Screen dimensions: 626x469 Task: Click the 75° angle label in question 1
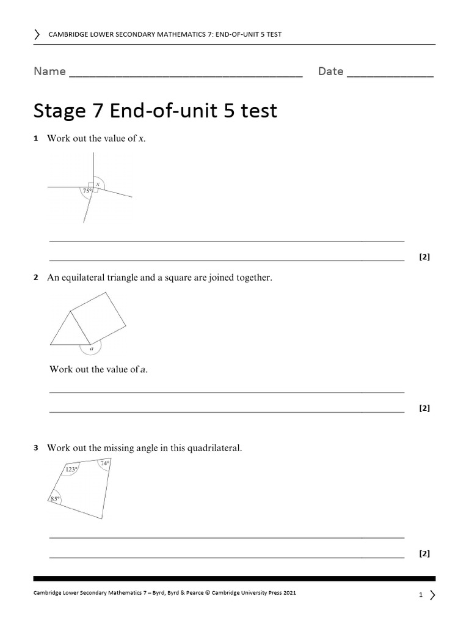[x=87, y=191]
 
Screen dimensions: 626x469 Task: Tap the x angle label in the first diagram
[x=98, y=183]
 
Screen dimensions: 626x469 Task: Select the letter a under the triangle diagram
[x=91, y=349]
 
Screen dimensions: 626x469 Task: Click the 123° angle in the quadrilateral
[x=71, y=469]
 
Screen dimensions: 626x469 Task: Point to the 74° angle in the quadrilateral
[x=105, y=464]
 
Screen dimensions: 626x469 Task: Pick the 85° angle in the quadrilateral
[x=54, y=499]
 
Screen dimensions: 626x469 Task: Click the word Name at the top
[x=49, y=72]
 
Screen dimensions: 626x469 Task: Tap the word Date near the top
[x=330, y=72]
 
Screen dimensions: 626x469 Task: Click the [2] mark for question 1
[x=424, y=257]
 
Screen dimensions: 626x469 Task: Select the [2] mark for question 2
[x=424, y=408]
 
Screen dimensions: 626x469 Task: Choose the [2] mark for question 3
[x=424, y=554]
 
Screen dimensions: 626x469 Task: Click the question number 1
[x=36, y=139]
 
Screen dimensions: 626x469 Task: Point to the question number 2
[x=36, y=278]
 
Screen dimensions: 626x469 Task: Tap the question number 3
[x=36, y=448]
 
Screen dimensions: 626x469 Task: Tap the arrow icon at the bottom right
[x=432, y=595]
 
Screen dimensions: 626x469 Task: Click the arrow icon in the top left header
[x=38, y=34]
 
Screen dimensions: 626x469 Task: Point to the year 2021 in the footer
[x=289, y=593]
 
